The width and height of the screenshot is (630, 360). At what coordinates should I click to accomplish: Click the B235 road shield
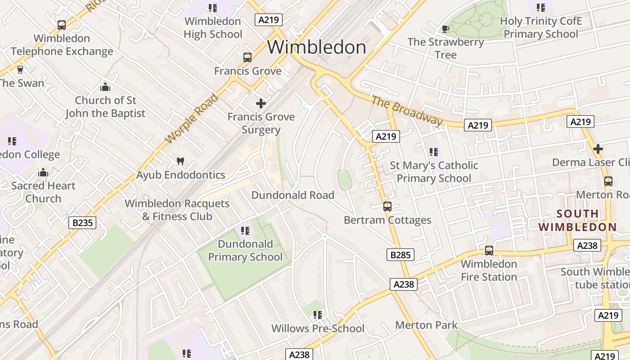(x=82, y=222)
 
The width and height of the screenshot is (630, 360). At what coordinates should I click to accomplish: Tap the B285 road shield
(x=400, y=255)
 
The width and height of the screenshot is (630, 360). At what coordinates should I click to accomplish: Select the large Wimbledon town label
(x=317, y=47)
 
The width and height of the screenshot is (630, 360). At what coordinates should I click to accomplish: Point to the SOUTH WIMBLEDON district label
(x=577, y=220)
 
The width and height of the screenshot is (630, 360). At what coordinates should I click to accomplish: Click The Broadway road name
(x=407, y=111)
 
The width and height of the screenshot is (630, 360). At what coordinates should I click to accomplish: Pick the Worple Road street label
(x=191, y=119)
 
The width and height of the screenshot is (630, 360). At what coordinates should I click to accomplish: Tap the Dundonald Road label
(x=292, y=195)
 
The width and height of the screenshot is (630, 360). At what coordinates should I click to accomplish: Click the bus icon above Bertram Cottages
(x=387, y=207)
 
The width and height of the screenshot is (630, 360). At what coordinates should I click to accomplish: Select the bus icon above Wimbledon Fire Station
(x=489, y=251)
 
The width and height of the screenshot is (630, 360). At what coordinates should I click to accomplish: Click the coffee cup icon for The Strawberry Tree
(x=445, y=29)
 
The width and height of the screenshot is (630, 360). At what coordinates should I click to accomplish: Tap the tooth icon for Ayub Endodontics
(x=180, y=162)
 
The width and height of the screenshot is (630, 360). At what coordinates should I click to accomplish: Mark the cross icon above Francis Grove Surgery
(x=261, y=103)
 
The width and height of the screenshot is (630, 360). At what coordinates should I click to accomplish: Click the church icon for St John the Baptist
(x=105, y=87)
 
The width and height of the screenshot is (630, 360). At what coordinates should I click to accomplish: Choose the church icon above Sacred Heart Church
(x=43, y=172)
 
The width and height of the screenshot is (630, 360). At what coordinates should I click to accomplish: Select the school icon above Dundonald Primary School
(x=245, y=231)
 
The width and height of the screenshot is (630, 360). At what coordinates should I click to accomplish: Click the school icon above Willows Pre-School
(x=318, y=315)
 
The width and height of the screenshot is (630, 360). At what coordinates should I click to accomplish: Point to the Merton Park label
(x=426, y=325)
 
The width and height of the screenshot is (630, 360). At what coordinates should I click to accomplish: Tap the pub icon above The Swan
(x=20, y=70)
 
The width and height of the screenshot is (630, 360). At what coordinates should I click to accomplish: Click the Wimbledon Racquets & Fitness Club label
(x=177, y=210)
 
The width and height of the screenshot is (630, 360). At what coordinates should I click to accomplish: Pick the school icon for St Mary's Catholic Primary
(x=433, y=152)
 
